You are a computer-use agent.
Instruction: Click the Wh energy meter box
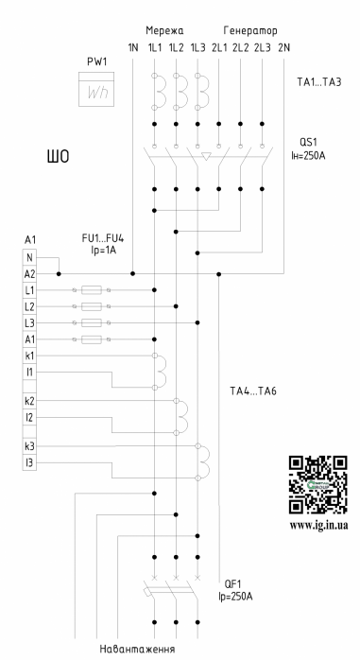96,89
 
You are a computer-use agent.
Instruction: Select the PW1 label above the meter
96,61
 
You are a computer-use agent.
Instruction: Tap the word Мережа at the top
164,30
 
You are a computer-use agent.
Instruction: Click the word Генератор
250,30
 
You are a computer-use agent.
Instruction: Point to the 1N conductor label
133,47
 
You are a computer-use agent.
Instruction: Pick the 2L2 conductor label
241,47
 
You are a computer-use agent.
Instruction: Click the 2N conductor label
283,47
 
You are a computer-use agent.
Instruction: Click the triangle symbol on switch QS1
206,157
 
